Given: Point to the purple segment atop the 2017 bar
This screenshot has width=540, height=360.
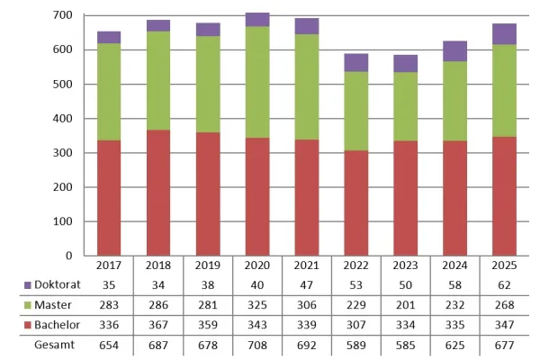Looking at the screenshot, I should [109, 37].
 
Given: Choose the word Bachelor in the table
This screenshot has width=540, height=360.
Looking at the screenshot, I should [55, 324].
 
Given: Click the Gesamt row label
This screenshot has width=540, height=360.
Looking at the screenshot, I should [55, 345].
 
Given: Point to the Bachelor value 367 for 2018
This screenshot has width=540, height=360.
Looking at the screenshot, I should [159, 324].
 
